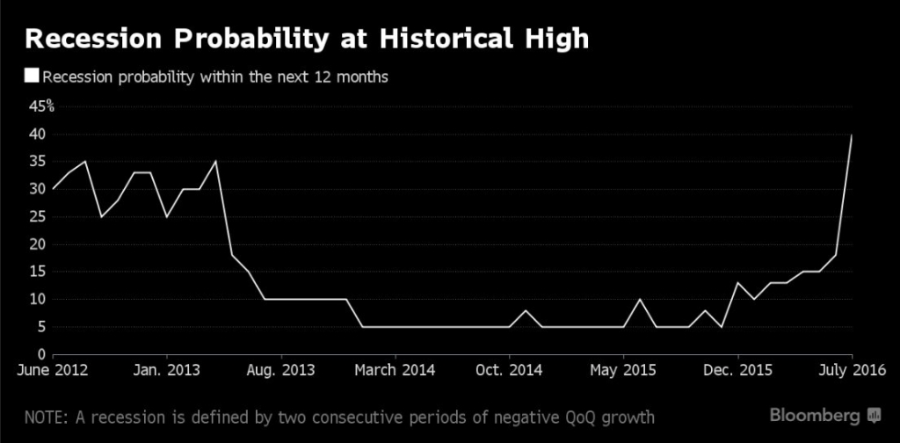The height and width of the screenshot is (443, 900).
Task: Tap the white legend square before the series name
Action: [33, 76]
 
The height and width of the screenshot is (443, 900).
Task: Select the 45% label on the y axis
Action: [41, 107]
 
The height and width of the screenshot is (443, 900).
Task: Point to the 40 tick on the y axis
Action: [36, 134]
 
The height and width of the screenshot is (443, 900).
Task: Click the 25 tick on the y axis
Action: [36, 216]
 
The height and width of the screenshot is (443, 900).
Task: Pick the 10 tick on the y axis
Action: [36, 299]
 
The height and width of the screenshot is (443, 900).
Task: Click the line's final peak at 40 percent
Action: [852, 135]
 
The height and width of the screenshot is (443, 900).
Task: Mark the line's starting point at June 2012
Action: [53, 189]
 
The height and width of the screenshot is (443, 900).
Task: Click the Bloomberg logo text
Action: [816, 414]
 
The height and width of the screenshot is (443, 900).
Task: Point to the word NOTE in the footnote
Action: [45, 415]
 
